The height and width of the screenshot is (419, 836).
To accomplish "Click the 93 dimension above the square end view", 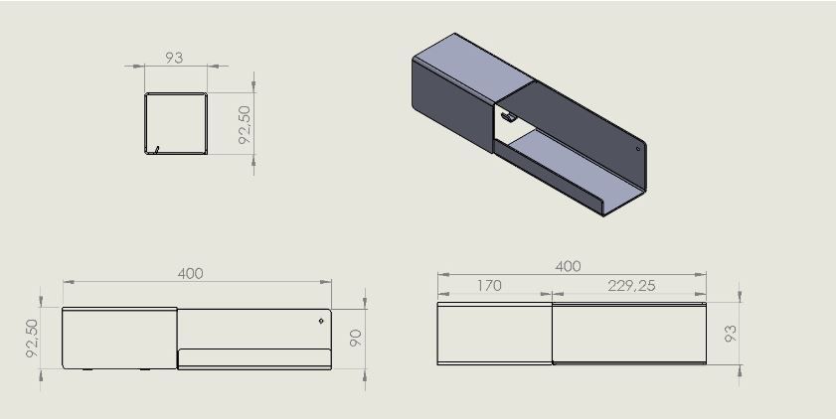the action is click(x=174, y=58).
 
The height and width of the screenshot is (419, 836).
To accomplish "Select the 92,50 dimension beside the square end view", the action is click(x=245, y=124).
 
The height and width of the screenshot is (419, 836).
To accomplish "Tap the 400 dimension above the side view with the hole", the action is click(x=190, y=274).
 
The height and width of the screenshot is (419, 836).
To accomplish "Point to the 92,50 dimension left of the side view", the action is click(x=33, y=338).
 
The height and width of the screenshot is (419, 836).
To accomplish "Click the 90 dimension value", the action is click(x=356, y=338).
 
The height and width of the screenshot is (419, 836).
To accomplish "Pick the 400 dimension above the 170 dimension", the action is click(x=568, y=266).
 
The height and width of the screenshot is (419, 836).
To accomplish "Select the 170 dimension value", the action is click(x=489, y=286).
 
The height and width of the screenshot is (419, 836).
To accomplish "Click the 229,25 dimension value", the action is click(x=632, y=286).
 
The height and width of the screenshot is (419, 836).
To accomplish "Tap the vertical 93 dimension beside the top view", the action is click(x=731, y=334).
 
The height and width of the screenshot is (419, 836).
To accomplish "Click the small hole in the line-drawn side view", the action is click(x=321, y=321).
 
